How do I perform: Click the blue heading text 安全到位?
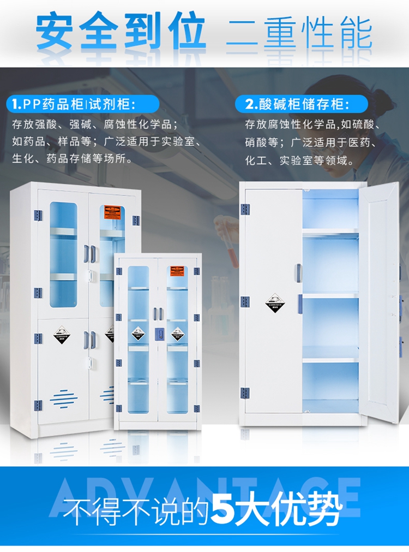tap(121, 32)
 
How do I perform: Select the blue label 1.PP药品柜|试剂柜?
tap(82, 103)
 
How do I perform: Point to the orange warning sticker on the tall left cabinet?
tap(112, 210)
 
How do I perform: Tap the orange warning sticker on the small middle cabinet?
tap(176, 271)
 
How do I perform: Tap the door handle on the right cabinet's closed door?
tap(298, 273)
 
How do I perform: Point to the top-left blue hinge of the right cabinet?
tap(245, 209)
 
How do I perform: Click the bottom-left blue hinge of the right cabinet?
tap(245, 393)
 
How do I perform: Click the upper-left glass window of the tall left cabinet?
tap(63, 254)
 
